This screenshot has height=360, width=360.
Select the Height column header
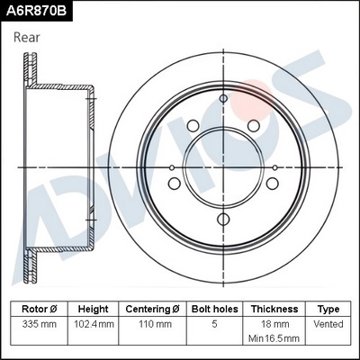point(94,308)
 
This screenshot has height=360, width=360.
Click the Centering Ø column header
point(150,308)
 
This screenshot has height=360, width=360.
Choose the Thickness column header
point(274,308)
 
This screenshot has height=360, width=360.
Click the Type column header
point(328,308)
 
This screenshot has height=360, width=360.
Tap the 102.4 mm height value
point(94,322)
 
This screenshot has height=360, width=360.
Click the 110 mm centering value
point(150,322)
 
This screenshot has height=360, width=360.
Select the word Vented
point(328,322)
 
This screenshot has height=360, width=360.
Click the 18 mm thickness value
point(274,322)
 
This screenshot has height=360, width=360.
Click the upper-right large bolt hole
point(253,125)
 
